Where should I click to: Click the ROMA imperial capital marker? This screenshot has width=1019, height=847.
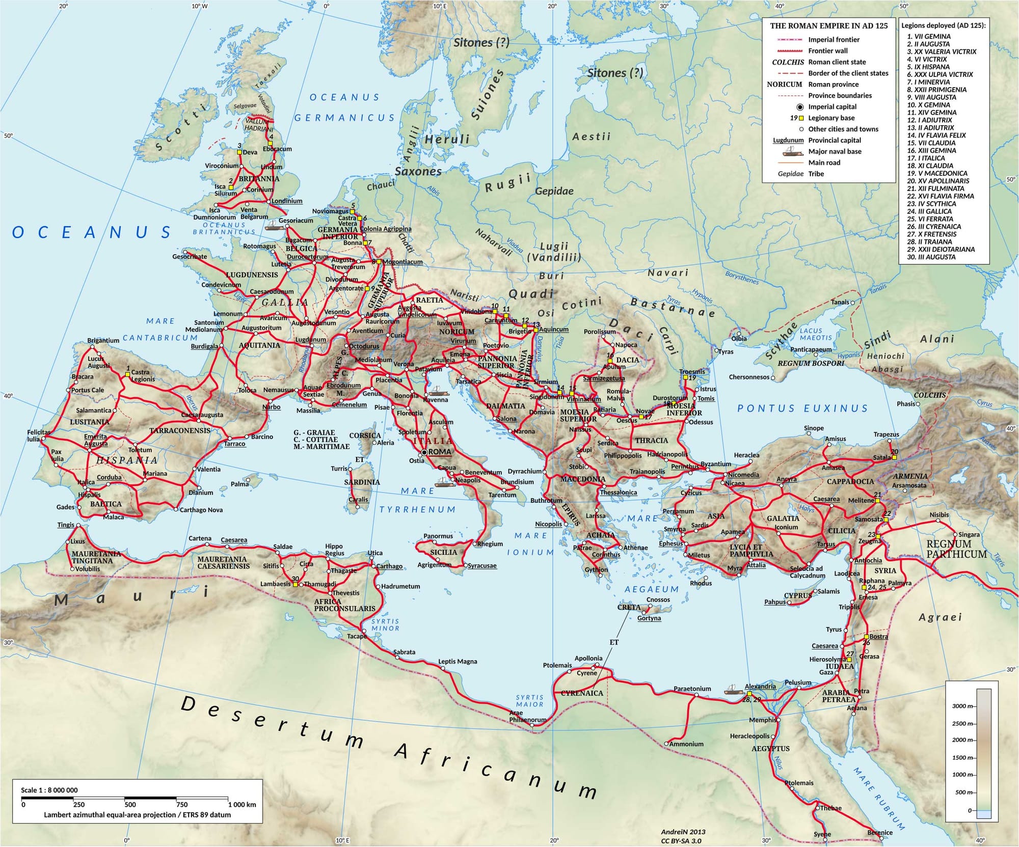(x=424, y=452)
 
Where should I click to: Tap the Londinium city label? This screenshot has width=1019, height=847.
(x=287, y=201)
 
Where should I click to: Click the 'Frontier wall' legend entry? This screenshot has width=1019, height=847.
(x=828, y=51)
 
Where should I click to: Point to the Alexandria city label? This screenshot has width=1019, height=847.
(x=760, y=686)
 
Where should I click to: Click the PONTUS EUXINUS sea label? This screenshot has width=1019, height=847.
(x=802, y=408)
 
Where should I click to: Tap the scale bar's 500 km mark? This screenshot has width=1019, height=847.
(x=130, y=805)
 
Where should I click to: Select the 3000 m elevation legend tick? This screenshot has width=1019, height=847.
(x=963, y=706)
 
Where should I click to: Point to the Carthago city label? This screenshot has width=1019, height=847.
(x=390, y=566)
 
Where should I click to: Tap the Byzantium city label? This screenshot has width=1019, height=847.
(x=716, y=464)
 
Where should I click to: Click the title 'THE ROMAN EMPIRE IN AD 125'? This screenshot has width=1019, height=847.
(x=828, y=26)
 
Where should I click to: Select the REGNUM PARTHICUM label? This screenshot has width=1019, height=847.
(x=956, y=549)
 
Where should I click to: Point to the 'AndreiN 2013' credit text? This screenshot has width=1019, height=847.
(x=683, y=832)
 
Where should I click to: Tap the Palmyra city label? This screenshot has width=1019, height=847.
(x=899, y=583)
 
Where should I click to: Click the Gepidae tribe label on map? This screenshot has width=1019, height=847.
(x=554, y=191)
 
